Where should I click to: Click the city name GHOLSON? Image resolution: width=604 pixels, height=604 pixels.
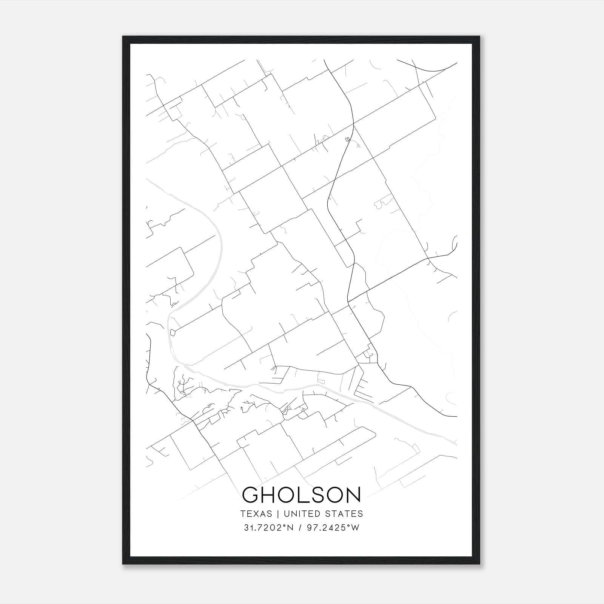301,495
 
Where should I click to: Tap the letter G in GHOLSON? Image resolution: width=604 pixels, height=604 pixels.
251,495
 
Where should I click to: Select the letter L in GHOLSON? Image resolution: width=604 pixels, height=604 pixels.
308,495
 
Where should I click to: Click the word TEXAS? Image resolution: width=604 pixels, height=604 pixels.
256,514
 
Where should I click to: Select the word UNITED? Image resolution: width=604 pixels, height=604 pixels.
300,514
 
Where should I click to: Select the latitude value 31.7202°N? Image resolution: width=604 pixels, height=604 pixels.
268,528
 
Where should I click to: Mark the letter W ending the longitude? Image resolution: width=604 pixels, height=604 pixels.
355,528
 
